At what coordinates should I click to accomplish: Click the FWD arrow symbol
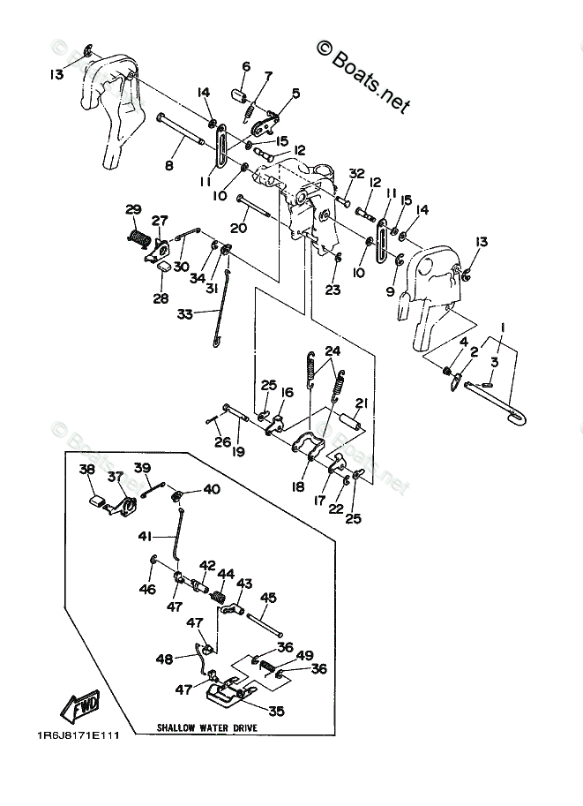(x=79, y=705)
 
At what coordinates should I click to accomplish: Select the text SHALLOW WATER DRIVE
(x=209, y=728)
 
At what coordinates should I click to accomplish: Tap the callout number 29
(x=133, y=209)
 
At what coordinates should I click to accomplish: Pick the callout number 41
(x=145, y=536)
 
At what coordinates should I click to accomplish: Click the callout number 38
(x=86, y=470)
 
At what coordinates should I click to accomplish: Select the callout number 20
(x=238, y=227)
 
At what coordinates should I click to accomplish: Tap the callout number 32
(x=356, y=173)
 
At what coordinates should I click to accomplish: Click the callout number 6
(x=245, y=66)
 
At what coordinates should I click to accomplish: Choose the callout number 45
(x=268, y=598)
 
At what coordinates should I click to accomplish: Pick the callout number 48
(x=164, y=658)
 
